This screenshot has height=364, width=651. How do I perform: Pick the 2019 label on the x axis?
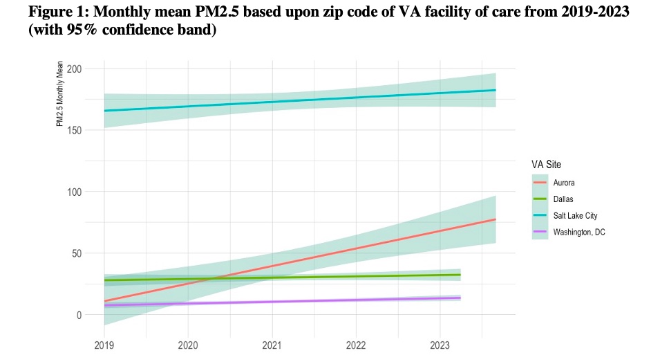point(104,345)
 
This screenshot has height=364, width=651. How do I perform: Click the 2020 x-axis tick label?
point(188,345)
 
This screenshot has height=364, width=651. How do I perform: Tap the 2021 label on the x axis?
point(272,345)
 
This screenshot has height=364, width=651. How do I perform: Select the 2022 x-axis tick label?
point(356,345)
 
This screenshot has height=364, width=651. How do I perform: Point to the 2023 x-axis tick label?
point(440,345)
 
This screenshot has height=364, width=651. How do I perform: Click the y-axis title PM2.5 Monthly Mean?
point(59,97)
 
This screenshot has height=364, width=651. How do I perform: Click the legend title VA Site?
point(546,165)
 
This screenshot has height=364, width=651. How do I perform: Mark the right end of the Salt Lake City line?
point(496,90)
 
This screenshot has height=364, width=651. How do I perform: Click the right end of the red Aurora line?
point(496,219)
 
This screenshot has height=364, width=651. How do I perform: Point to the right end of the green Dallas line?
point(460,275)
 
